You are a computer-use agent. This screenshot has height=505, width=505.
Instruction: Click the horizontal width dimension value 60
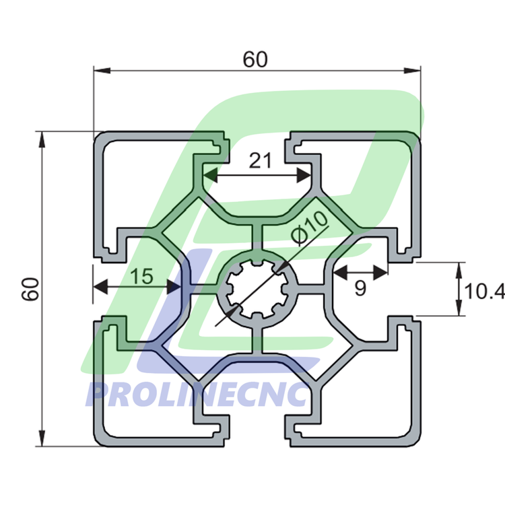255,60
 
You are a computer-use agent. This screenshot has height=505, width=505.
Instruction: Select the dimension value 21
260,160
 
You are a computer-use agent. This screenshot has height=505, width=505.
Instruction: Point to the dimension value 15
141,275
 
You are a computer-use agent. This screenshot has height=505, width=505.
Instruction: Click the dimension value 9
360,289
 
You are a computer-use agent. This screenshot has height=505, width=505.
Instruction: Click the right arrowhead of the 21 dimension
304,176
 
